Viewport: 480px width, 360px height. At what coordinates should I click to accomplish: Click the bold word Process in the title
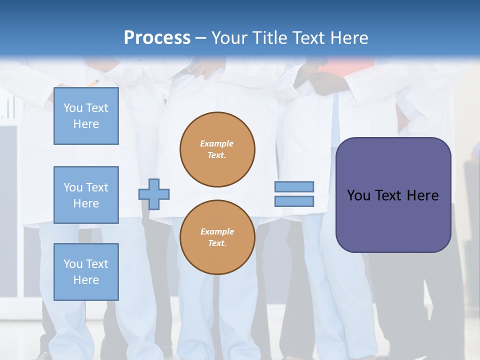[157, 38]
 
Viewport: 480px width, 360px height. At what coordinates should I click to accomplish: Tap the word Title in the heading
[270, 38]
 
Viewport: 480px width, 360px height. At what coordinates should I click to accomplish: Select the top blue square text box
[86, 116]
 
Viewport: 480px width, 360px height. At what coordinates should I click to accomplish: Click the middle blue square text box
[86, 195]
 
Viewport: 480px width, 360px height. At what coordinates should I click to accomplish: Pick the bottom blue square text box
[86, 272]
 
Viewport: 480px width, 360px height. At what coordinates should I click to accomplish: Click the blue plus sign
[154, 194]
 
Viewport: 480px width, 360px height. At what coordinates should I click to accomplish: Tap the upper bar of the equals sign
[294, 186]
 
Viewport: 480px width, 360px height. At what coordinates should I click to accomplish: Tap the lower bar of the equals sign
[294, 201]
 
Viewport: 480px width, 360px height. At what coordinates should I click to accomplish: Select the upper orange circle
[217, 149]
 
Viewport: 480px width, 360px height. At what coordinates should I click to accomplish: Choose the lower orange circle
[217, 237]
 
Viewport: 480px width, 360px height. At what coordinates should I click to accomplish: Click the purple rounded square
[393, 195]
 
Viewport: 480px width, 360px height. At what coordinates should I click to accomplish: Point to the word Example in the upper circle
[216, 143]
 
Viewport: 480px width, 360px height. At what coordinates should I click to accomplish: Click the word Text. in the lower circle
[217, 243]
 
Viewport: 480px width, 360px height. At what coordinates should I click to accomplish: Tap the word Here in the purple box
[423, 195]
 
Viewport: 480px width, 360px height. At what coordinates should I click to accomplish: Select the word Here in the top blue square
[86, 124]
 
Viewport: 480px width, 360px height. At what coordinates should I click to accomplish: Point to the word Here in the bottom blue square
[86, 280]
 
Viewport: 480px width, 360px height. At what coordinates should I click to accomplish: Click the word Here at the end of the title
[349, 38]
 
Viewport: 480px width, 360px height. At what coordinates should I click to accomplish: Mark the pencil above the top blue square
[93, 82]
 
